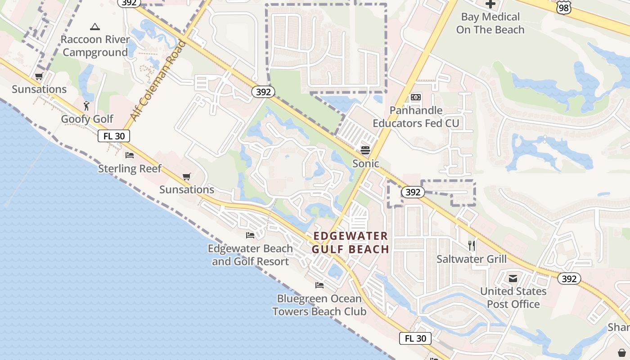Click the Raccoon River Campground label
[x=95, y=46]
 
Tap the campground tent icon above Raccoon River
[x=94, y=27]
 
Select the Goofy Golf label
[x=87, y=119]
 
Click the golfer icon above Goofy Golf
[x=87, y=106]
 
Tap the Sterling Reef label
[x=130, y=169]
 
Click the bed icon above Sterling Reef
[x=130, y=156]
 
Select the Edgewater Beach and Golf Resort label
[x=250, y=255]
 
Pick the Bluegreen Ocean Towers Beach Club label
[x=319, y=305]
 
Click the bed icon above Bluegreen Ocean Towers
[x=319, y=285]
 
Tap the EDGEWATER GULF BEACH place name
[x=351, y=243]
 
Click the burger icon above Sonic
[x=365, y=150]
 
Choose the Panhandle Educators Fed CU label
[x=416, y=117]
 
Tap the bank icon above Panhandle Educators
[x=416, y=97]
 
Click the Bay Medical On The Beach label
[x=490, y=23]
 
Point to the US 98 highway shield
[x=563, y=7]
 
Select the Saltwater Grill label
[x=472, y=259]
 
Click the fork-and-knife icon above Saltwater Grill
[x=472, y=245]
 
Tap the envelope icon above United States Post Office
[x=513, y=279]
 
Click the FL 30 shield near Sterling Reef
[x=114, y=135]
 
